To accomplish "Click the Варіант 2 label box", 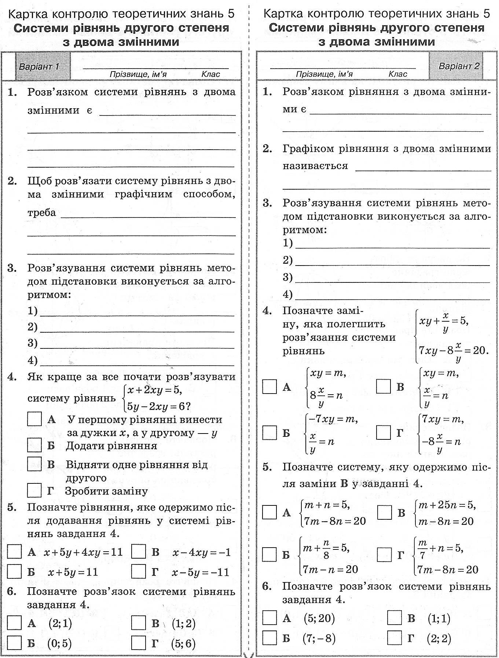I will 456,66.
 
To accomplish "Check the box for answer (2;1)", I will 14,623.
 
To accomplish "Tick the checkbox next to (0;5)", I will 14,643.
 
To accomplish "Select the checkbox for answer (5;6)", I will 139,643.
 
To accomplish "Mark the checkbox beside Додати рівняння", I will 34,445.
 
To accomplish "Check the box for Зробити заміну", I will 34,490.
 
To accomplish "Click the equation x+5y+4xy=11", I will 83,552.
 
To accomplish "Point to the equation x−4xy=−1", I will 201,552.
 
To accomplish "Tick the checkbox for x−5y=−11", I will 139,571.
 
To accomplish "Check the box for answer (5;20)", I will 269,618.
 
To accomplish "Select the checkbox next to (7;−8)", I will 269,638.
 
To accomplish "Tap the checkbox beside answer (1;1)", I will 394,618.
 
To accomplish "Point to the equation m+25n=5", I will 447,505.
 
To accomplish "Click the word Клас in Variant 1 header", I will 210,74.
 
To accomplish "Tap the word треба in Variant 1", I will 41,213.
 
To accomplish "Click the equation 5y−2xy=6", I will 158,406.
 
